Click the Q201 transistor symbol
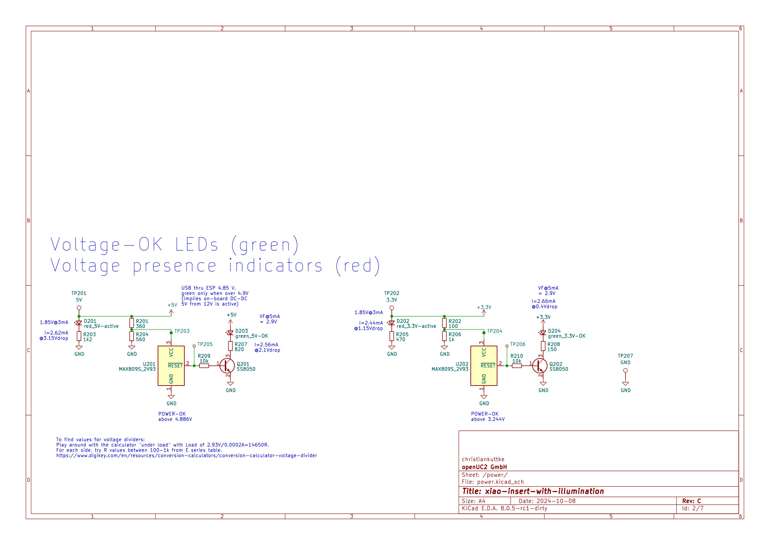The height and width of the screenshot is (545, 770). pos(227,366)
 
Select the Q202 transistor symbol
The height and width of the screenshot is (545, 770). pos(540,366)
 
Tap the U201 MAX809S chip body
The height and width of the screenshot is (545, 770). pos(171,366)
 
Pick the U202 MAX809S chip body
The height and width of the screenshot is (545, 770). pos(484,366)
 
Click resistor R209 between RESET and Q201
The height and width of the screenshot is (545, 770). pos(204,366)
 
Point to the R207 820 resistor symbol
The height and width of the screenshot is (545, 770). pos(230,346)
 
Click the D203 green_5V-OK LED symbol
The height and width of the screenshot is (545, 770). pos(230,333)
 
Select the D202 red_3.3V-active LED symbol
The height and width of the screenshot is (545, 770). pos(392,323)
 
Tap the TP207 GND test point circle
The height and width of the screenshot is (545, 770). pos(625,370)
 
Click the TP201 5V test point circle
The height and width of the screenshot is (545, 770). pos(79,308)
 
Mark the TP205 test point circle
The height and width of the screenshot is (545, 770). pos(194,346)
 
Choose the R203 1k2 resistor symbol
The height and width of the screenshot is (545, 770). pos(79,336)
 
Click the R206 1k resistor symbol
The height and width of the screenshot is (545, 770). pos(444,336)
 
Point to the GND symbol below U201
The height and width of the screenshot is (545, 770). pos(171,397)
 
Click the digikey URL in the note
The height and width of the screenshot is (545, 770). pos(186,456)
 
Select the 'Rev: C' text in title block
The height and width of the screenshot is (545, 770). pos(691,501)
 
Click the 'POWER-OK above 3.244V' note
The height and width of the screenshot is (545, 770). pos(488,416)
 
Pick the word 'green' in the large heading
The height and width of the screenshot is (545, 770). pos(265,244)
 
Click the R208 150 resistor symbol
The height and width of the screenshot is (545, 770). pos(543,346)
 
